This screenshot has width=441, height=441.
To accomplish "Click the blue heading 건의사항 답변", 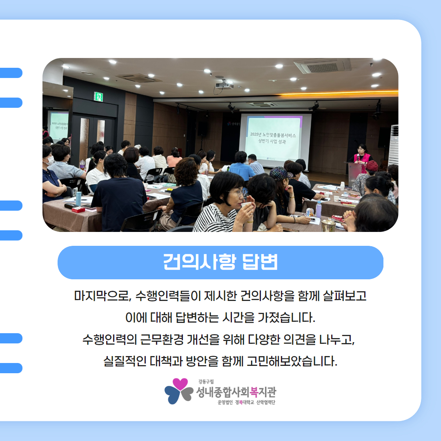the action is [x=220, y=262].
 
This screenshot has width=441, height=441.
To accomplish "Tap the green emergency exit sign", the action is [x=98, y=97].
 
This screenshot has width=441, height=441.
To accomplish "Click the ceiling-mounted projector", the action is [x=225, y=85].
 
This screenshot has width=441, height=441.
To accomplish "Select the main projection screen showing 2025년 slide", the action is [x=274, y=140].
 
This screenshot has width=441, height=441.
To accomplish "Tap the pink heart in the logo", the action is [x=180, y=384].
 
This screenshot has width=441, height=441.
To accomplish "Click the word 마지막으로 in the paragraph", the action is [x=102, y=296].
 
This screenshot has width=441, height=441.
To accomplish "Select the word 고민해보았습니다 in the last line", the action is [x=292, y=361].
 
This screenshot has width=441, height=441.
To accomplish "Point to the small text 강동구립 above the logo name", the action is [x=206, y=381].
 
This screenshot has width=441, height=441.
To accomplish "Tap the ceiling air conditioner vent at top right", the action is [x=322, y=67].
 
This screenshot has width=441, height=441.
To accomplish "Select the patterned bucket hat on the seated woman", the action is [x=281, y=173].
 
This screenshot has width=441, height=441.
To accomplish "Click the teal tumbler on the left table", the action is [x=78, y=198].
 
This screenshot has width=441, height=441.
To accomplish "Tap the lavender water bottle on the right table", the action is [x=318, y=209].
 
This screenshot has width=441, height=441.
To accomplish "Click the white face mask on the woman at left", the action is [x=50, y=160].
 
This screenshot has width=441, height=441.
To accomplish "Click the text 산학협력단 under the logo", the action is [x=265, y=403].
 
